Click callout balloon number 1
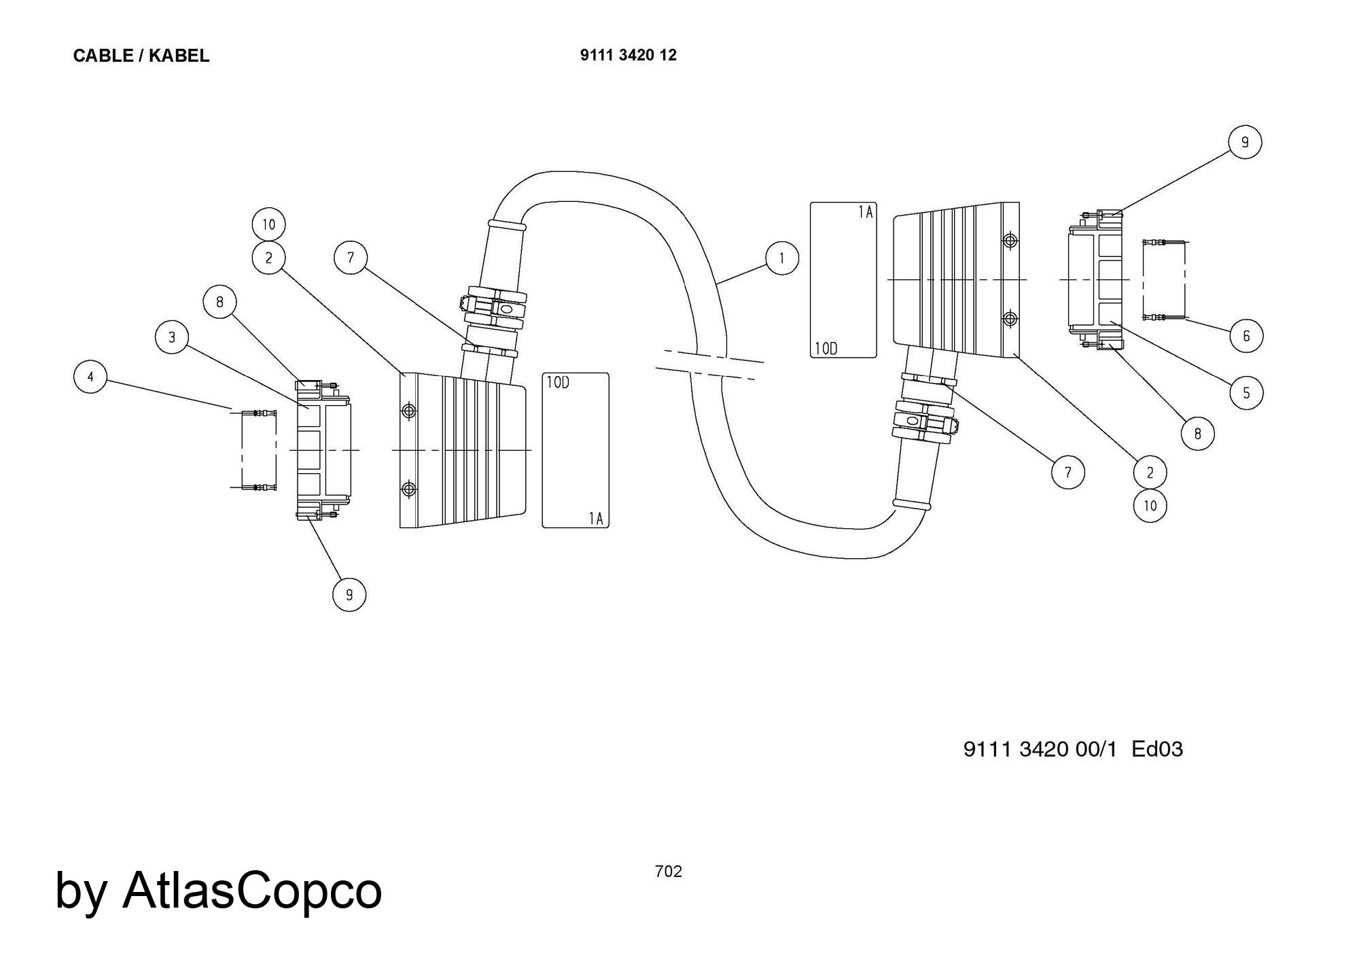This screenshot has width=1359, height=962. (781, 258)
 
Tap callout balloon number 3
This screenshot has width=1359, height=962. (172, 337)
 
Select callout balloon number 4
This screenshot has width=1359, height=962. (90, 377)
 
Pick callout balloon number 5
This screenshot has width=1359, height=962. (1246, 393)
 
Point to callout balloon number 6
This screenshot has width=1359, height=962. (1246, 336)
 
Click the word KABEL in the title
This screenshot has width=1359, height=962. (179, 56)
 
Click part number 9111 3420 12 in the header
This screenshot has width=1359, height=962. (628, 55)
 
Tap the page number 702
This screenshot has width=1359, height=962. (668, 872)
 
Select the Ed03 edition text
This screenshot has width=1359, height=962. (1157, 749)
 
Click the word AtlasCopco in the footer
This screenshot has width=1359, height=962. (252, 890)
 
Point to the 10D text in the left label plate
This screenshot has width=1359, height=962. (558, 383)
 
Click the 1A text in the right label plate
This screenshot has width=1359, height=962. (864, 213)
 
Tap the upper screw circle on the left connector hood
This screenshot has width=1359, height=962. (409, 411)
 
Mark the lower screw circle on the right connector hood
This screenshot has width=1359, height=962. (1010, 318)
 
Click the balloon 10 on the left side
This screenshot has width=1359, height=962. (268, 224)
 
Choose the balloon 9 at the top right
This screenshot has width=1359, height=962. (1245, 143)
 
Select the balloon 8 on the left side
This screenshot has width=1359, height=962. (219, 302)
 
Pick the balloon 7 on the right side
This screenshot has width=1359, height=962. (1067, 472)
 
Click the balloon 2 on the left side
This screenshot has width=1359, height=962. (268, 258)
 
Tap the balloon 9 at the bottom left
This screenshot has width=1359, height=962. (349, 595)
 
